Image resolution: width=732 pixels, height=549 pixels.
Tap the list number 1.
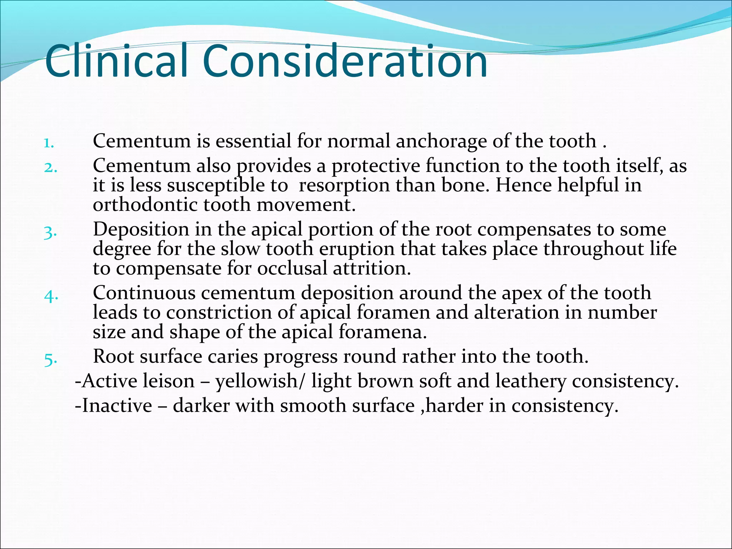point(49,144)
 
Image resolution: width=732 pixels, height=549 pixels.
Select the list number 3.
point(50,233)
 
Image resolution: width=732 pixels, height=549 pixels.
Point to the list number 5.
point(50,360)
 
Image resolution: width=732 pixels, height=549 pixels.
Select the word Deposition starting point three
point(141,229)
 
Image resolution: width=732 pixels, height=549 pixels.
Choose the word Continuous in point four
point(144,293)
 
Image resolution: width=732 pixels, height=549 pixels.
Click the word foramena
point(382,332)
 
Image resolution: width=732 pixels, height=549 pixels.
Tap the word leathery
point(530,381)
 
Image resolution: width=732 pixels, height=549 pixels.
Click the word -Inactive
point(114,406)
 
